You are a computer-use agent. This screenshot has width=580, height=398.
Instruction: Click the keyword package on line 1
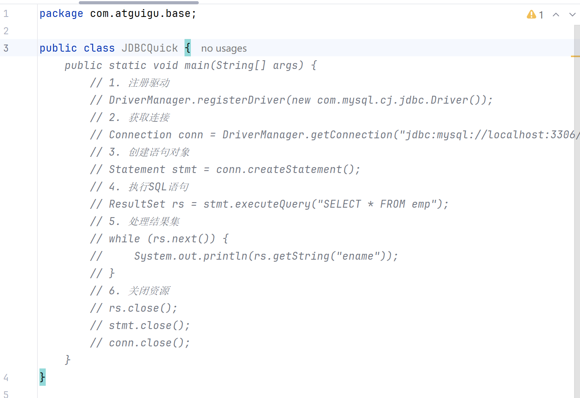point(61,14)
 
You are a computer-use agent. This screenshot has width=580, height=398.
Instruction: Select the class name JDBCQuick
point(149,48)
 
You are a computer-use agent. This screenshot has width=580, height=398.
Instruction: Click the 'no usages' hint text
point(224,48)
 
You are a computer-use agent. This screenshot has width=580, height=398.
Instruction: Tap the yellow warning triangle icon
point(531,15)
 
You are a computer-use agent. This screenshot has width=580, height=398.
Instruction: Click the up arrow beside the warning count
point(556,15)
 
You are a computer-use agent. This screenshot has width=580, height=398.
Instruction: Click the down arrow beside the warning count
point(572,15)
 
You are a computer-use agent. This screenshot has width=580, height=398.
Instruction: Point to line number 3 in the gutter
point(6,48)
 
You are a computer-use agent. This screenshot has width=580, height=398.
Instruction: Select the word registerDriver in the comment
point(241,100)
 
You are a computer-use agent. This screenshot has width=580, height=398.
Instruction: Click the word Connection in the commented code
point(140,135)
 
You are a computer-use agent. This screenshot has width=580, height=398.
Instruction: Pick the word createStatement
point(295,169)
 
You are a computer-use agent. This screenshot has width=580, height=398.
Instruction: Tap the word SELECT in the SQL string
point(342,204)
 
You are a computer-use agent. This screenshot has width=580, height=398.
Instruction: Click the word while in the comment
point(124,239)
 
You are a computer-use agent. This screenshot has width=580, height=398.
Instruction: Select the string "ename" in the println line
point(358,256)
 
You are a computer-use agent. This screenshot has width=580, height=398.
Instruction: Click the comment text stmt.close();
point(149,325)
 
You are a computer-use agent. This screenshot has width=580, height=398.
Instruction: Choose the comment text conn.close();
point(149,343)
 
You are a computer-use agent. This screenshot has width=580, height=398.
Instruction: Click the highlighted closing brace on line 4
point(42,377)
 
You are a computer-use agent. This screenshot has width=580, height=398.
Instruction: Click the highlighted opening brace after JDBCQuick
point(188,48)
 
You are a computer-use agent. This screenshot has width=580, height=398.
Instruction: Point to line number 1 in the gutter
point(6,14)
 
